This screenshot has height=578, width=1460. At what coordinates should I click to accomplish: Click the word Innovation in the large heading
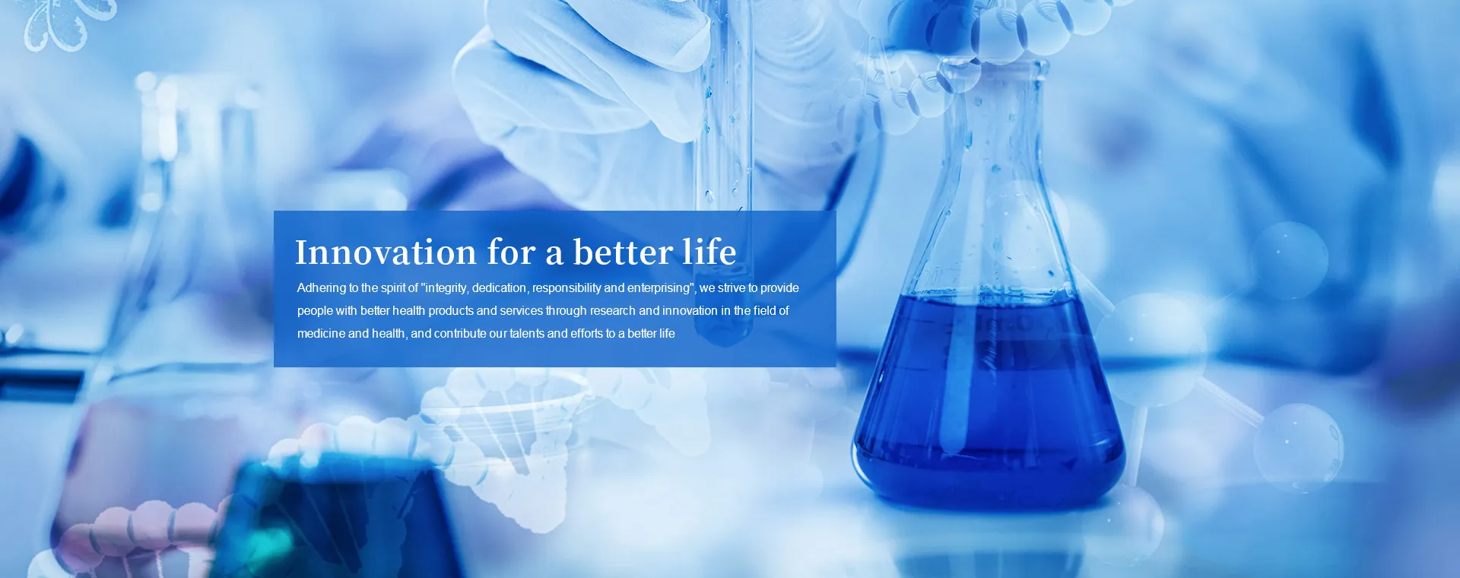(386, 252)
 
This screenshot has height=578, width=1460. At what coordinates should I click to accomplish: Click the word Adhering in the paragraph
(322, 288)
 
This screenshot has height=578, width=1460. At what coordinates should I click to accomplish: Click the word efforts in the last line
(586, 334)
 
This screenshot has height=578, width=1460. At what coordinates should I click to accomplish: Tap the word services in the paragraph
(521, 311)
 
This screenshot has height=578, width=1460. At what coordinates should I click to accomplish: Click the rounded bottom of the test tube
(723, 331)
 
